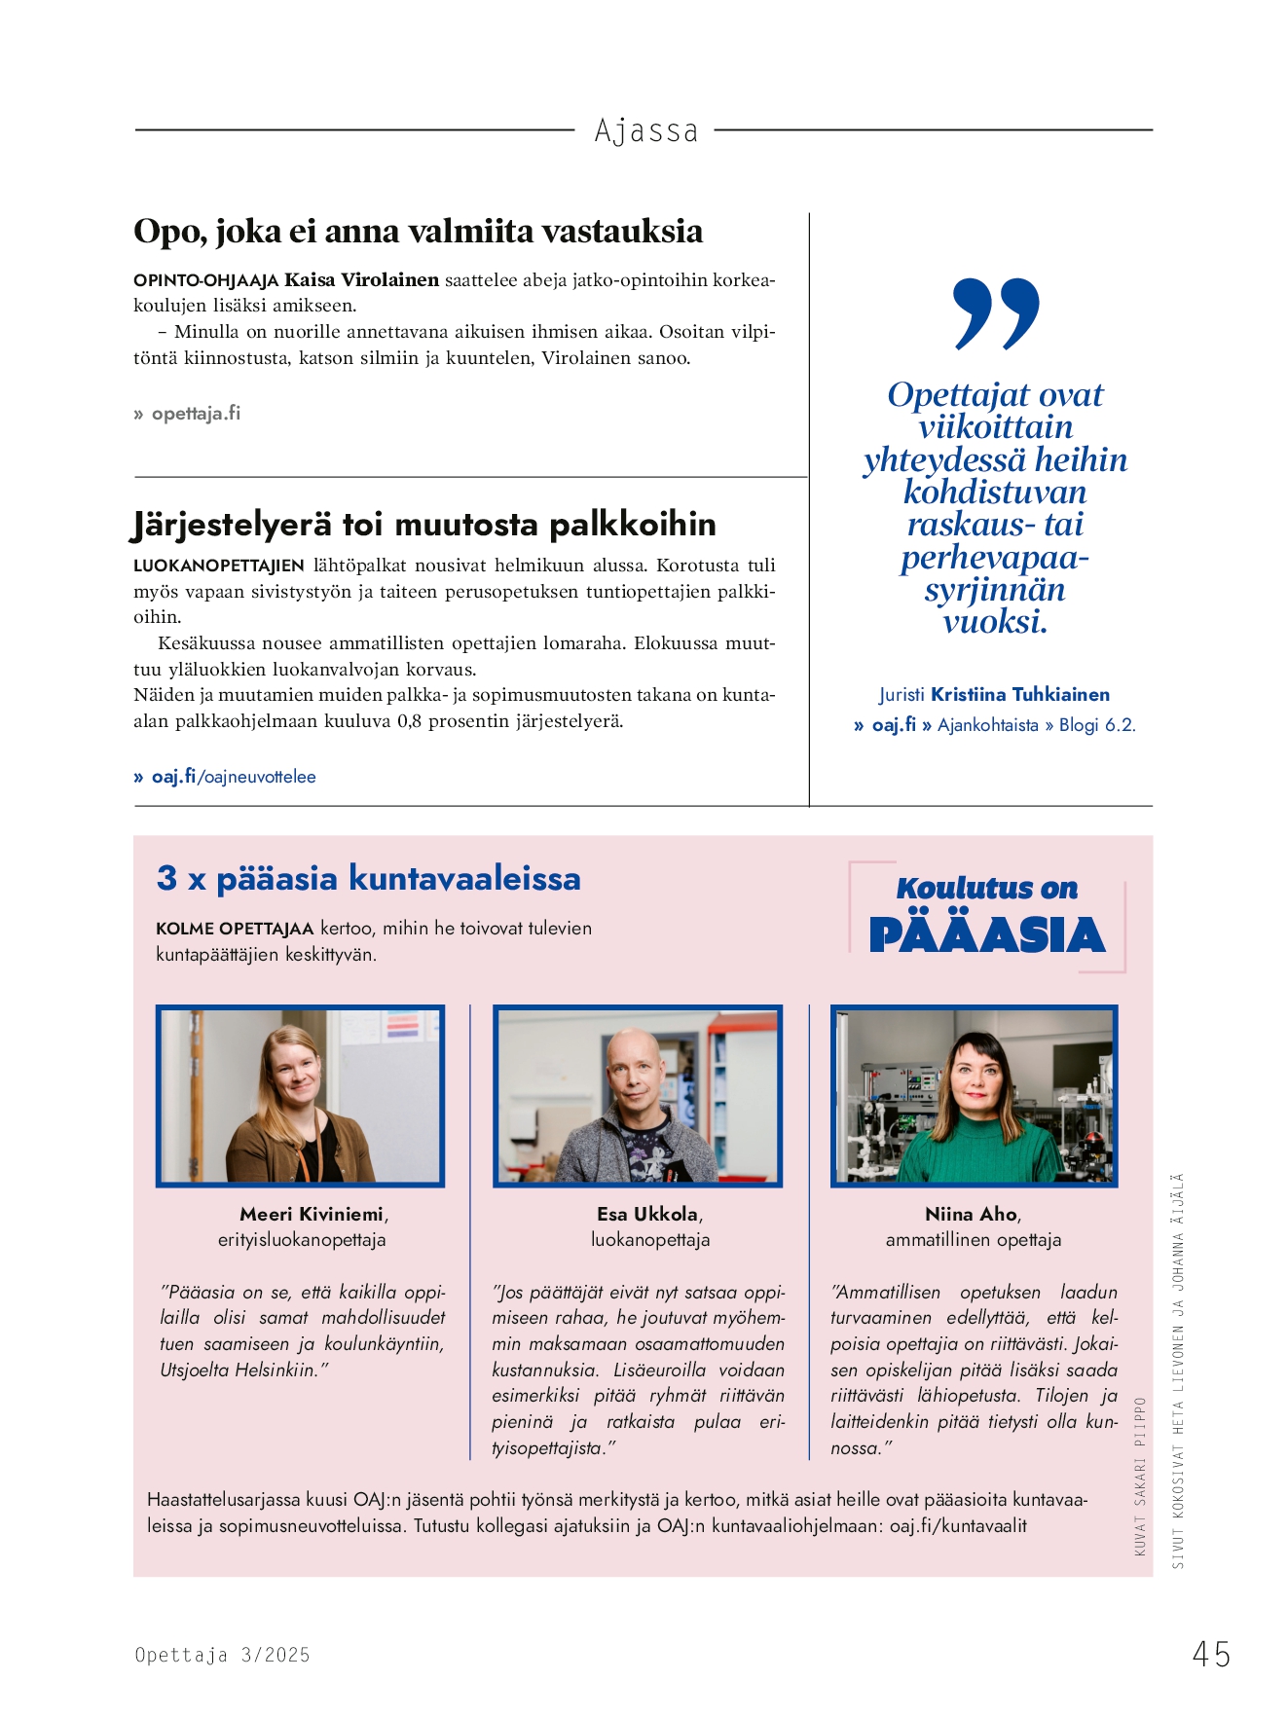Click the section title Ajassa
(645, 130)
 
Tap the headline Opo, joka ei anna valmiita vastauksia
(418, 232)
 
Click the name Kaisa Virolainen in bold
(361, 280)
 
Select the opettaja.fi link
(195, 414)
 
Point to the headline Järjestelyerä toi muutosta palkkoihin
(423, 525)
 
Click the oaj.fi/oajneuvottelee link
(233, 777)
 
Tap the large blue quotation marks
(996, 312)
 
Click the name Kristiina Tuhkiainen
(1019, 695)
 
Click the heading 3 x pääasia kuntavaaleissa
(368, 878)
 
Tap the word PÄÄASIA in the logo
(986, 935)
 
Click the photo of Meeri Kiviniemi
(300, 1096)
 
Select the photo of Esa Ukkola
(638, 1096)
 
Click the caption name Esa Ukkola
(647, 1215)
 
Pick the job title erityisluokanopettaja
(302, 1240)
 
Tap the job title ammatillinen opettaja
(973, 1240)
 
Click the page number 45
(1211, 1654)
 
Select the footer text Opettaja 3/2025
(222, 1655)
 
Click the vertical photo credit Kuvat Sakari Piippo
(1140, 1476)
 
